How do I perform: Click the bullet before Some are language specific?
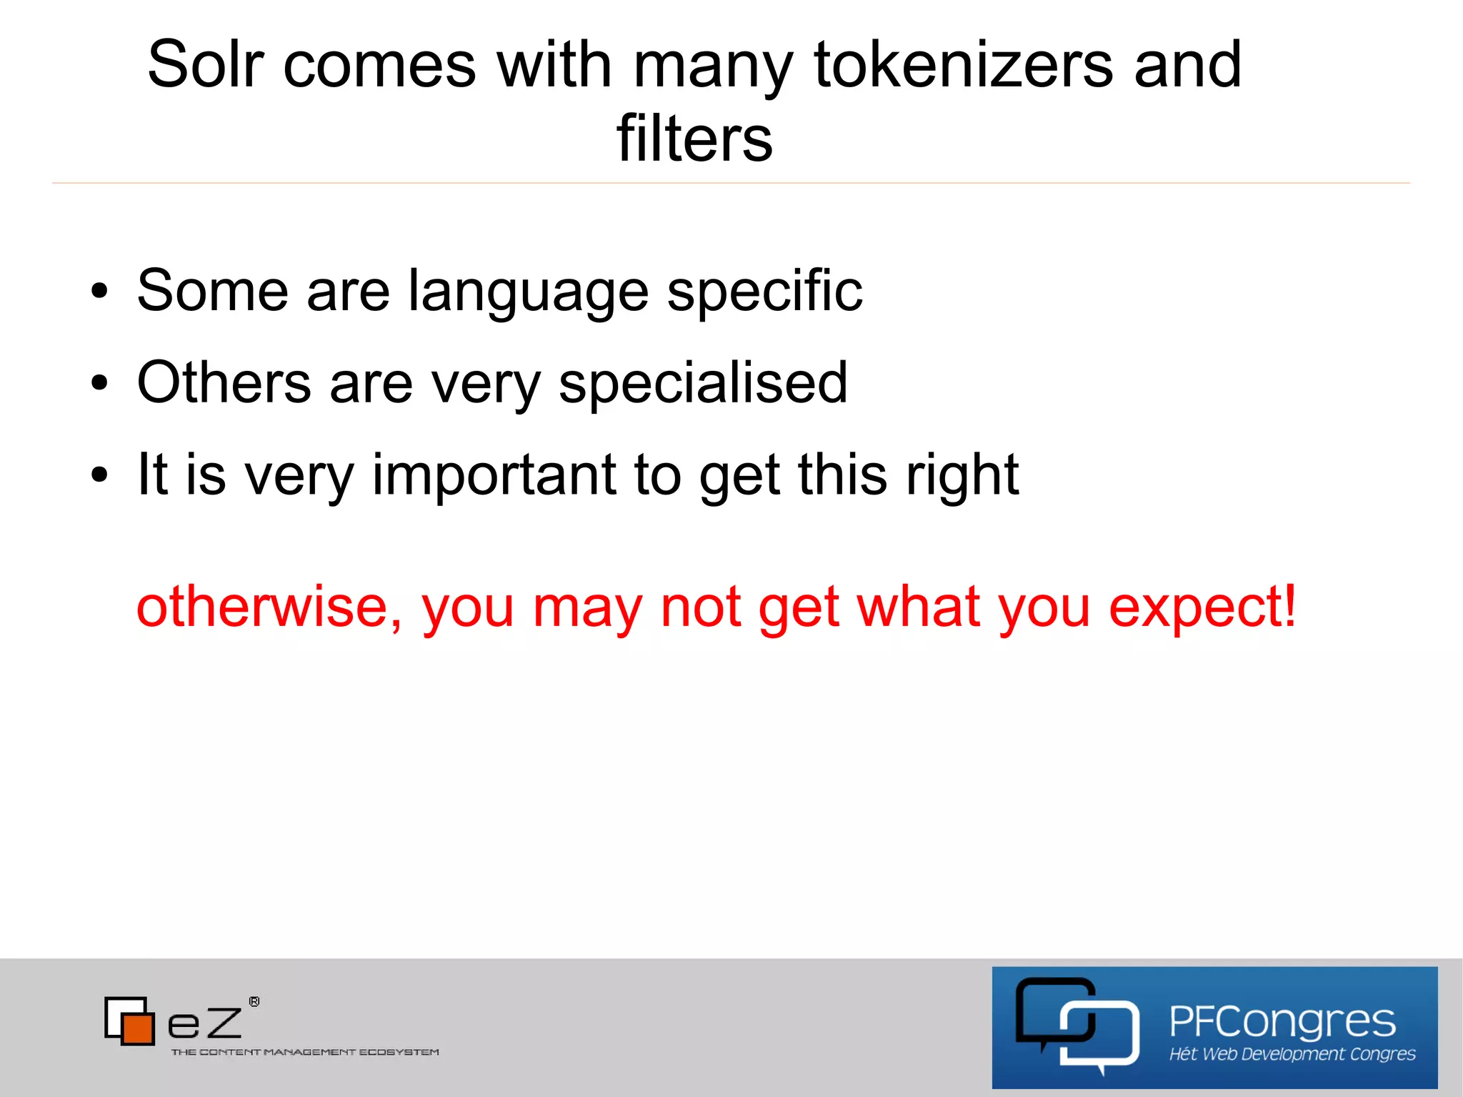(x=99, y=291)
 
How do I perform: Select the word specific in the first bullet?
(x=764, y=291)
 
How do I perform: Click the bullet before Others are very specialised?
(x=99, y=383)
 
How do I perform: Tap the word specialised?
(x=703, y=383)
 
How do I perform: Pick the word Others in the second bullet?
(x=224, y=383)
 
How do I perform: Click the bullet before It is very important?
(x=99, y=475)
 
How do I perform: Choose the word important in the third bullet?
(x=494, y=475)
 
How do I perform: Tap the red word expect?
(x=1193, y=607)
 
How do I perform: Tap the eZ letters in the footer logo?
(x=204, y=1023)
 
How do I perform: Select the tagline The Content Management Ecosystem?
(x=305, y=1052)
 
